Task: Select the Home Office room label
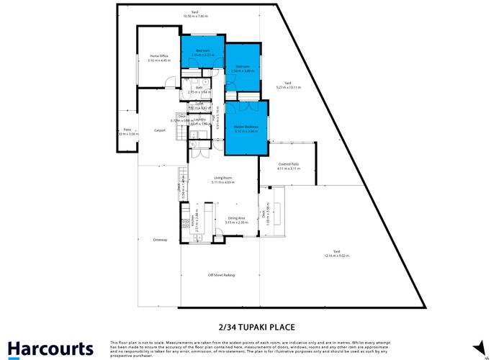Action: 158,56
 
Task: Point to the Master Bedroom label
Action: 246,127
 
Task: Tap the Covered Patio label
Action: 288,164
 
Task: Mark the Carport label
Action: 160,130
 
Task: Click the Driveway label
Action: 160,240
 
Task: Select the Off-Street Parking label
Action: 222,275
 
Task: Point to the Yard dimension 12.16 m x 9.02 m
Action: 336,256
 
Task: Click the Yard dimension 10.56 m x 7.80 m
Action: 195,15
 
